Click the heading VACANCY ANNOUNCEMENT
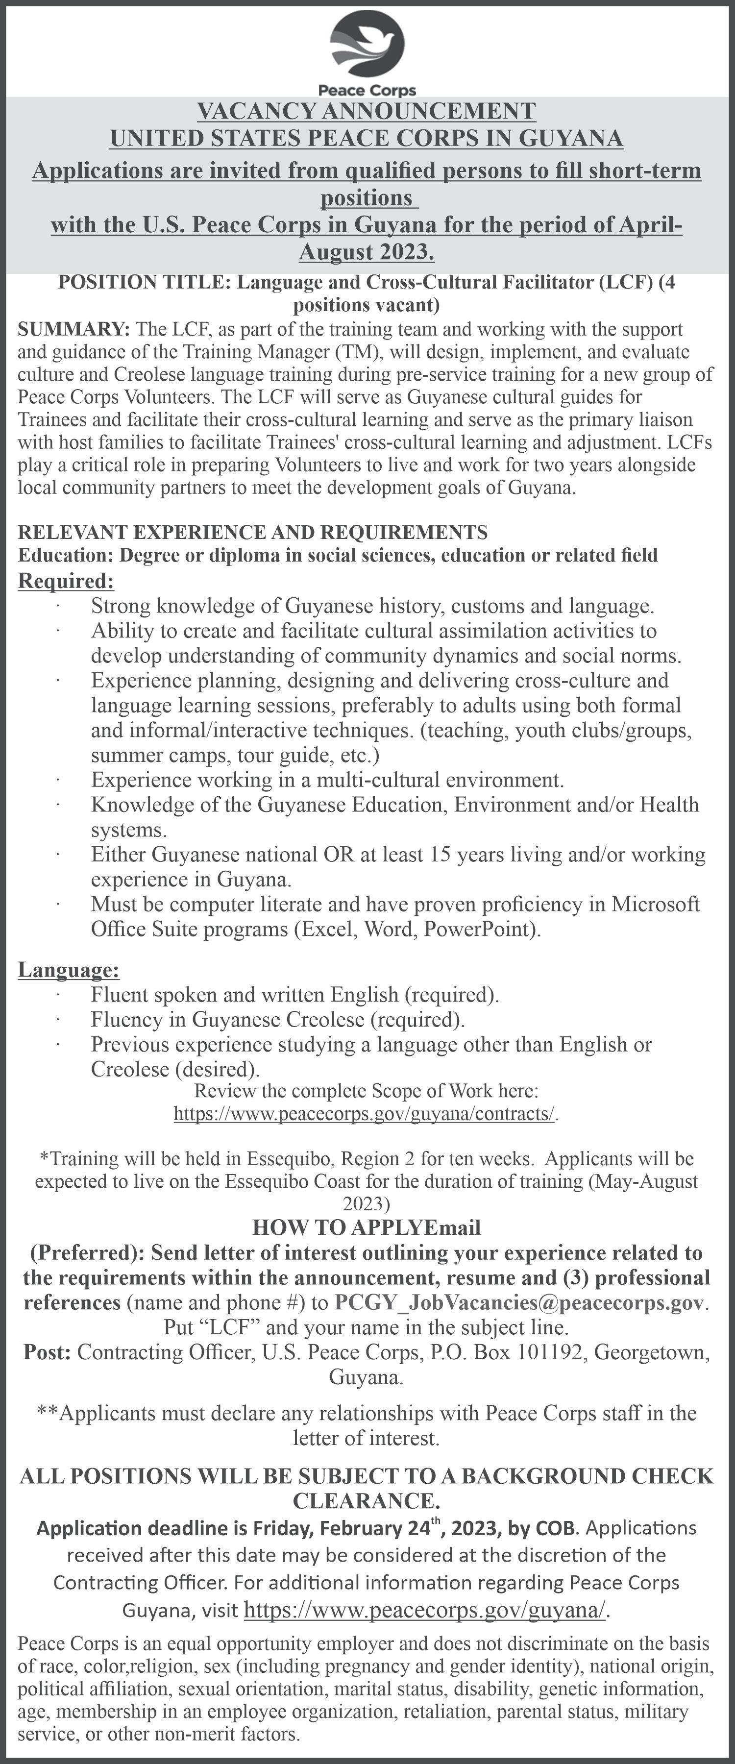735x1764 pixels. point(367,111)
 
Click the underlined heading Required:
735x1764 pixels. point(66,581)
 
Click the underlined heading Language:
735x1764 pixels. point(69,970)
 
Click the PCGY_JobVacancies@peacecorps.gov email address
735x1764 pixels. point(518,1302)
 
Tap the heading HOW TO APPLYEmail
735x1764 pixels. point(367,1227)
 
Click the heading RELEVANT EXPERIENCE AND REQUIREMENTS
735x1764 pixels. point(253,532)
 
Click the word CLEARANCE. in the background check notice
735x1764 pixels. point(367,1501)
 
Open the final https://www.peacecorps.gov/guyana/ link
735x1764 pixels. point(425,1611)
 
